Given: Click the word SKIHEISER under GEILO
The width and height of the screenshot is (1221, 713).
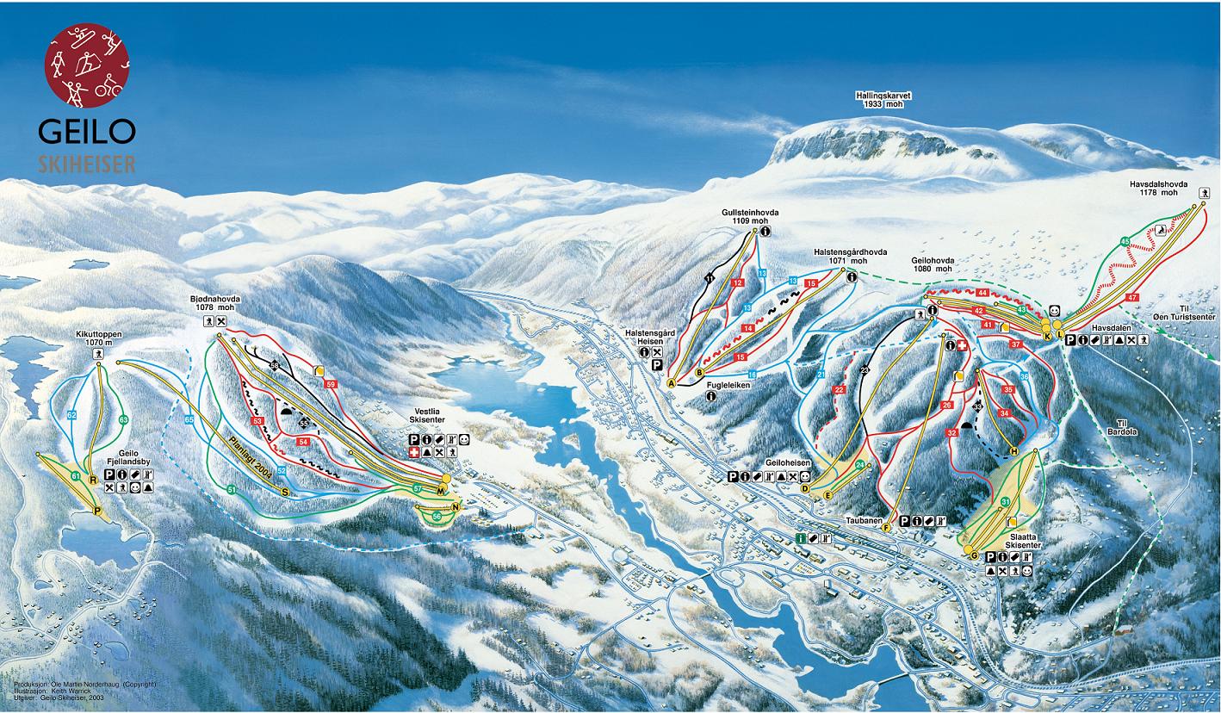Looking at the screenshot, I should point(86,164).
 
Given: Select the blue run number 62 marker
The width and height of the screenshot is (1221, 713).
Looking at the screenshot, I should point(72,415).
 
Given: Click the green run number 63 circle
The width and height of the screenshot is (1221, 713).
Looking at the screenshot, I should point(123,419).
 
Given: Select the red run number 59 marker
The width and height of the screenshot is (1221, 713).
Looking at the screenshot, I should point(331,384).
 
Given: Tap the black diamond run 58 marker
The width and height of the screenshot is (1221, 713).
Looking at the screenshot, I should point(275,365).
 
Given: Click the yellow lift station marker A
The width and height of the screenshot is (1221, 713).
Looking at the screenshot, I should point(670,384).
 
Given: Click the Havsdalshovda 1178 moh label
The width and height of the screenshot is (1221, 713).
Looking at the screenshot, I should point(1158,189).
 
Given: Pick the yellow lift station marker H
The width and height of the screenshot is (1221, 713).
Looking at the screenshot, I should point(1013,451).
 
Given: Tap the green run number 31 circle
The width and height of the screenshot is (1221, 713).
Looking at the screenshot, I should point(1006,502).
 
